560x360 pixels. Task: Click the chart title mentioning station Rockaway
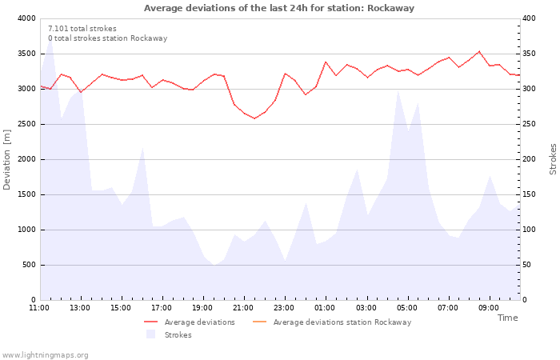(x=279, y=8)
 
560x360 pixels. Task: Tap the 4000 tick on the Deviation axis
(x=25, y=18)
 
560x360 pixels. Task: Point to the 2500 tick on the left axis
(x=25, y=124)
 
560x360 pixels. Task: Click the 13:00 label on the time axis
(x=80, y=307)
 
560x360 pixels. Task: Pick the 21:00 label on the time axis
(x=243, y=307)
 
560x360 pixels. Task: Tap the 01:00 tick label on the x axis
(x=325, y=307)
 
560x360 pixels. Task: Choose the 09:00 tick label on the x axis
(x=489, y=307)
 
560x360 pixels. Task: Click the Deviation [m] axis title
(x=8, y=159)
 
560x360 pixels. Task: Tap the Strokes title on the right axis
(x=553, y=159)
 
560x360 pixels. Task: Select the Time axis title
(x=507, y=318)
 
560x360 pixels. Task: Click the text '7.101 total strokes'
(x=82, y=28)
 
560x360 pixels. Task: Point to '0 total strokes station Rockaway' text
(x=107, y=38)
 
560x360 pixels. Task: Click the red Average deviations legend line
(x=151, y=322)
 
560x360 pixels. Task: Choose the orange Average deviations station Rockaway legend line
(x=260, y=322)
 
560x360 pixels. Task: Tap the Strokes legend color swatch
(x=150, y=334)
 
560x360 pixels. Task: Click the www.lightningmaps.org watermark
(x=45, y=354)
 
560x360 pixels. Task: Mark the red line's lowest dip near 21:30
(x=254, y=118)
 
